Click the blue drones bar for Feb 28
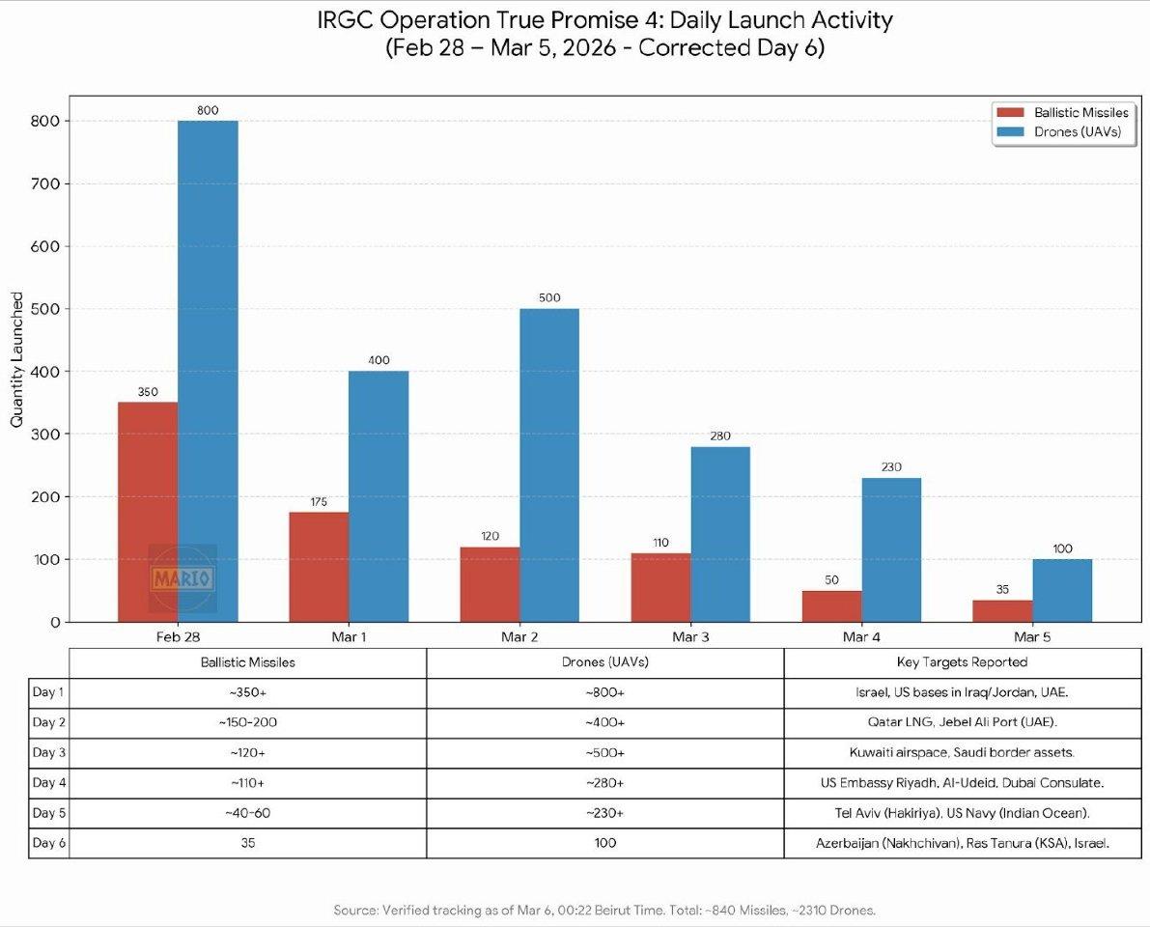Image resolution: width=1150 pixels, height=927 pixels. coord(208,371)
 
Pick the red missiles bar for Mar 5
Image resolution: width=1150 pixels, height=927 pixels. coord(1002,611)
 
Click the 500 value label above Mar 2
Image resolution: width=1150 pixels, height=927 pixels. coord(549,298)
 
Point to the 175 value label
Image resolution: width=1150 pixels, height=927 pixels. coord(319,502)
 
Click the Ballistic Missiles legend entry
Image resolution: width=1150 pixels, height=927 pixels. coord(1062,113)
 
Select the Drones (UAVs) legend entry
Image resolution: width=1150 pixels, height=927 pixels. coord(1062,132)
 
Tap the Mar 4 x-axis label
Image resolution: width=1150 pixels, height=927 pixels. coord(861,637)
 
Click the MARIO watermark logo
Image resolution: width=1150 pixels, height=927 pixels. coord(182,578)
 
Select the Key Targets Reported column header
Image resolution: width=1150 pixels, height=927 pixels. coord(962,662)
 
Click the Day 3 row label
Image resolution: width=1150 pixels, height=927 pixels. coord(48,753)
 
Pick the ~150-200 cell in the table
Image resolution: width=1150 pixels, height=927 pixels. coord(247,723)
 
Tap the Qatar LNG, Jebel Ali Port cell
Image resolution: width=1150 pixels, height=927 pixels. coord(962,723)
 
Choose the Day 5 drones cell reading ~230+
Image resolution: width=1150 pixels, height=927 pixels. coord(604,813)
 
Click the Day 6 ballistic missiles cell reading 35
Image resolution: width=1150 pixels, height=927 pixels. coord(247,843)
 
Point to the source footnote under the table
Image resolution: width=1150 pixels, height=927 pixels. coord(604,910)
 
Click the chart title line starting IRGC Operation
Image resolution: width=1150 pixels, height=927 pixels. coord(604,20)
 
